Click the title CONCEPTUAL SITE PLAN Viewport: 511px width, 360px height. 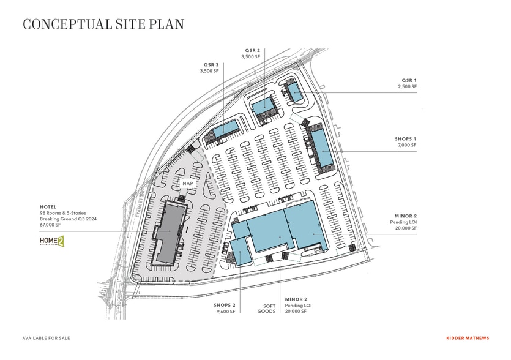click(103, 24)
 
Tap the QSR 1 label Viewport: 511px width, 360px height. click(409, 80)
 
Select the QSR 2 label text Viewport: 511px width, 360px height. click(253, 50)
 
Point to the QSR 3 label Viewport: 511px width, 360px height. click(211, 64)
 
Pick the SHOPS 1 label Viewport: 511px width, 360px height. click(405, 139)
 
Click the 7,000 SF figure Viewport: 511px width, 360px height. click(406, 146)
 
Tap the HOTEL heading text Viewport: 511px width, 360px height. click(48, 207)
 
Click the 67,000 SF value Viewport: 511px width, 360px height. click(53, 225)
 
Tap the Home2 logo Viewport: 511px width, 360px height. click(51, 241)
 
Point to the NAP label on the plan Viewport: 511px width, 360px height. click(187, 183)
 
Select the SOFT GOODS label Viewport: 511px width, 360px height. click(269, 308)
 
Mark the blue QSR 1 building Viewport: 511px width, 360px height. click(294, 92)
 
